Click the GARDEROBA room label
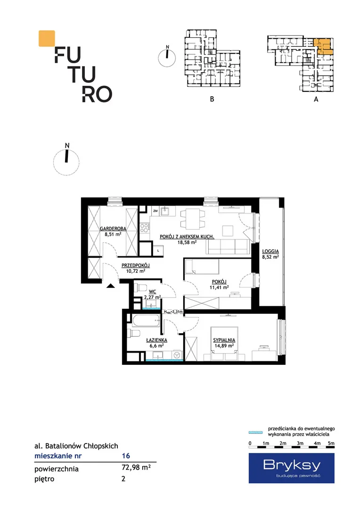point(113,229)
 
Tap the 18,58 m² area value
point(187,242)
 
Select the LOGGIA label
point(270,251)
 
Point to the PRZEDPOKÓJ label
point(136,265)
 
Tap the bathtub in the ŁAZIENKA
point(146,322)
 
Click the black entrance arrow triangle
point(111,286)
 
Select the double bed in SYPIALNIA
point(224,344)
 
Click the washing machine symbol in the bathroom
point(177,355)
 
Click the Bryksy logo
point(292,468)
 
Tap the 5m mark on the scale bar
point(331,443)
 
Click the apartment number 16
point(126,456)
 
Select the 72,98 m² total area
point(136,468)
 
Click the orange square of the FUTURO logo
point(47,39)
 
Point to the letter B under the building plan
point(212,99)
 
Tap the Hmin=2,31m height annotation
point(173,312)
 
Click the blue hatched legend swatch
point(256,432)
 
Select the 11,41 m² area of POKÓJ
point(219,287)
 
